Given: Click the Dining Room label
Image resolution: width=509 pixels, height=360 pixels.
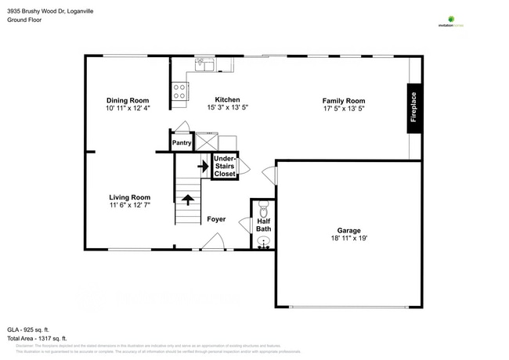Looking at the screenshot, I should click(128, 100).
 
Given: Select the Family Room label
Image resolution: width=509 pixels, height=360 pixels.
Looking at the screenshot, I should click(344, 100).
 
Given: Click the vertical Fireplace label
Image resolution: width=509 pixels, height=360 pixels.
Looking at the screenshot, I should click(414, 109).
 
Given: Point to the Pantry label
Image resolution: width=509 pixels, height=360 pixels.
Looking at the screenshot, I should click(182, 142).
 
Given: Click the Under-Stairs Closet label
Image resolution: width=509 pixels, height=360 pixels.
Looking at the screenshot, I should click(225, 167).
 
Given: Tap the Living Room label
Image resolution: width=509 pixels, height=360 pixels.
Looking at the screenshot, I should click(129, 197).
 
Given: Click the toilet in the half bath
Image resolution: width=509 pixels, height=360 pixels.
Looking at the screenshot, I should click(263, 210).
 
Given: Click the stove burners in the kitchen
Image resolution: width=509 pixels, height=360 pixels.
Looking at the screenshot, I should click(179, 92).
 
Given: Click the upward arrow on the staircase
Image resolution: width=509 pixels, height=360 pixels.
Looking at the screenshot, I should click(188, 199).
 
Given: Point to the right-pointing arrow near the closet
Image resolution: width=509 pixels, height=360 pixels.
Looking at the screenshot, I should click(202, 166).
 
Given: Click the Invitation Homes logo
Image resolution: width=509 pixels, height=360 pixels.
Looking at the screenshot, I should click(450, 21).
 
